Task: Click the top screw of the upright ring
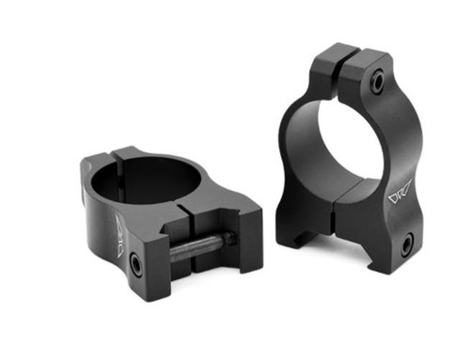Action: tap(377, 84)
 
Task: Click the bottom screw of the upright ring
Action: tap(406, 246)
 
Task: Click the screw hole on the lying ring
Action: tap(136, 265)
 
